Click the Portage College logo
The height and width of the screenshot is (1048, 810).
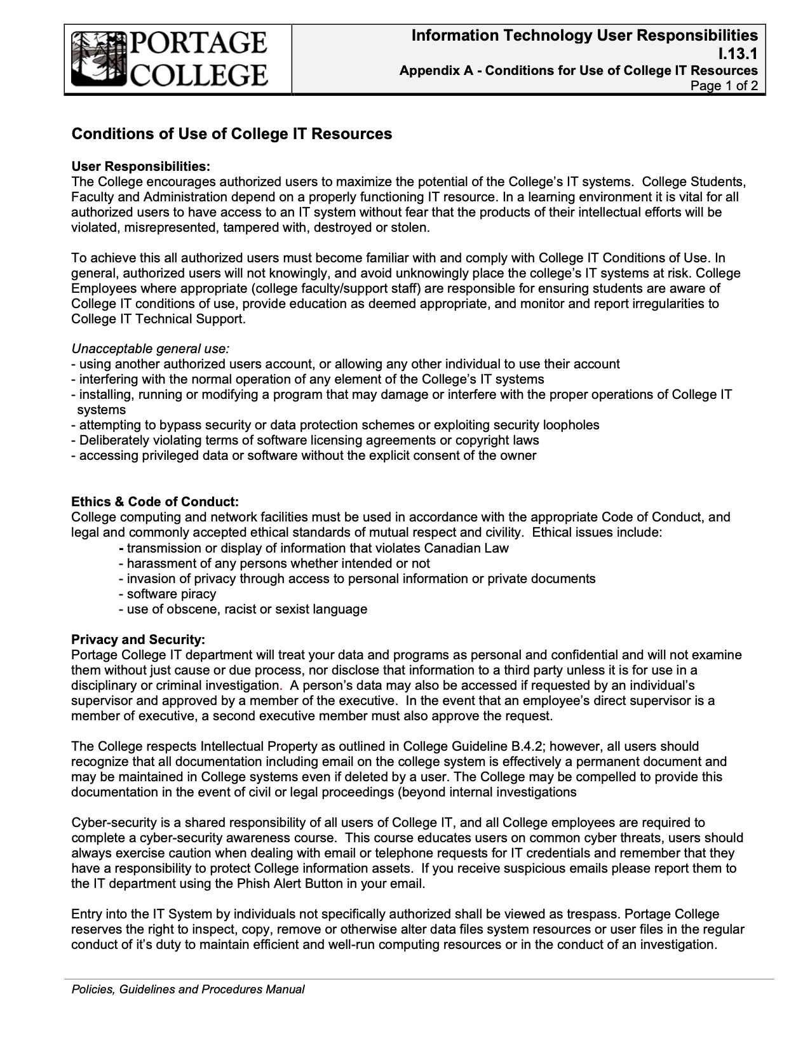coord(169,59)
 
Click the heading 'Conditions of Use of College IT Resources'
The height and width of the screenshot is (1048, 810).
coord(231,134)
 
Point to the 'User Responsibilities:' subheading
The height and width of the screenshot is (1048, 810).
coord(140,166)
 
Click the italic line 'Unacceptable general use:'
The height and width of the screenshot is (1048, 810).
coord(151,349)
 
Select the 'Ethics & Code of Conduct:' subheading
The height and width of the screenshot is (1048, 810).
coord(155,502)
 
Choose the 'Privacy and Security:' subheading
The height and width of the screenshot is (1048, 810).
coord(138,639)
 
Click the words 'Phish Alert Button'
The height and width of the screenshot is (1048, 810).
coord(308,883)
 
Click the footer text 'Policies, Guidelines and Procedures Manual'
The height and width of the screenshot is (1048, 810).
coord(187,989)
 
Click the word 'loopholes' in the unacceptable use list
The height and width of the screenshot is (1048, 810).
coord(571,425)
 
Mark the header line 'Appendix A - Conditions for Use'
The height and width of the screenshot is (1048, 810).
coord(578,71)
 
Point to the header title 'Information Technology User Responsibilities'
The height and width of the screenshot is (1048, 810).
coord(584,36)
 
